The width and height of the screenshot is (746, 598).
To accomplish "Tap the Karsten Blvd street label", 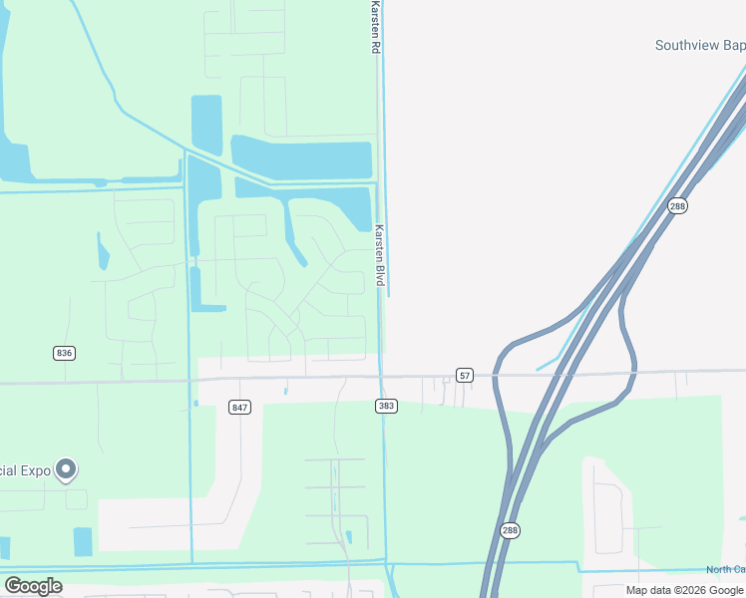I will pyautogui.click(x=379, y=255).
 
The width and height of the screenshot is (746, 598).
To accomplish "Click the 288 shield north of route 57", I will pyautogui.click(x=678, y=205).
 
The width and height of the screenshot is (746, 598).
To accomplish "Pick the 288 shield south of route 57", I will pyautogui.click(x=510, y=530).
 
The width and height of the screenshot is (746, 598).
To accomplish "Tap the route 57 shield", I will pyautogui.click(x=465, y=375).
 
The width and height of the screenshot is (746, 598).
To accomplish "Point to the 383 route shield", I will pyautogui.click(x=386, y=406).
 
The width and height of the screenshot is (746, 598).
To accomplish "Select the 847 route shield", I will pyautogui.click(x=239, y=407).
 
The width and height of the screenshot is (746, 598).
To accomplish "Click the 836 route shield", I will pyautogui.click(x=65, y=353).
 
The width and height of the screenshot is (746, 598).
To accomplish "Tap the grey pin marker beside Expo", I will pyautogui.click(x=66, y=468).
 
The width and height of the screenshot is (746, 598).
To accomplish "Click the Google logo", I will pyautogui.click(x=33, y=586).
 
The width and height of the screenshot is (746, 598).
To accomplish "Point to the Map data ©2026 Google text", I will pyautogui.click(x=684, y=590).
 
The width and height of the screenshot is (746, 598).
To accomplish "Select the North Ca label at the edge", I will pyautogui.click(x=725, y=569).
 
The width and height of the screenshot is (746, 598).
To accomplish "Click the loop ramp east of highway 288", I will pyautogui.click(x=631, y=349).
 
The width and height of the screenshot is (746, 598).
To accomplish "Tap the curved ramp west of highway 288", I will pyautogui.click(x=505, y=399).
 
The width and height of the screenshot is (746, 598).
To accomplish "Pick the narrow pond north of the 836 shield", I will pyautogui.click(x=103, y=251).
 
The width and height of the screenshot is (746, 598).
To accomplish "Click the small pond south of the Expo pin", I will pyautogui.click(x=83, y=541).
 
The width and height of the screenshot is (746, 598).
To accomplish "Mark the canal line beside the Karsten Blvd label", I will pyautogui.click(x=387, y=249).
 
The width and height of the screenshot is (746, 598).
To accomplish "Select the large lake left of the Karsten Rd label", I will pyautogui.click(x=301, y=156).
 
